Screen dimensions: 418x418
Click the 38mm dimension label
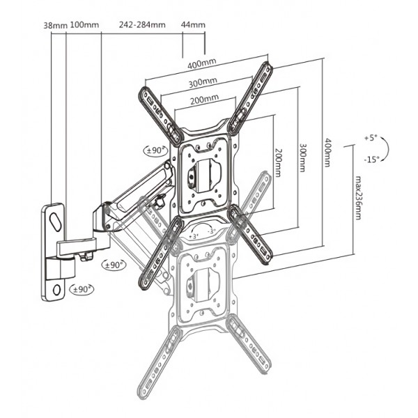click(55, 25)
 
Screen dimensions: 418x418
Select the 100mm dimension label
click(85, 25)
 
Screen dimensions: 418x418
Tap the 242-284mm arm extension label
click(141, 25)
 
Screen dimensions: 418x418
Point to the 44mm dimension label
click(193, 25)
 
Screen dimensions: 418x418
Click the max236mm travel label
click(357, 197)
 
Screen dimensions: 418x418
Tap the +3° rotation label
click(194, 236)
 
